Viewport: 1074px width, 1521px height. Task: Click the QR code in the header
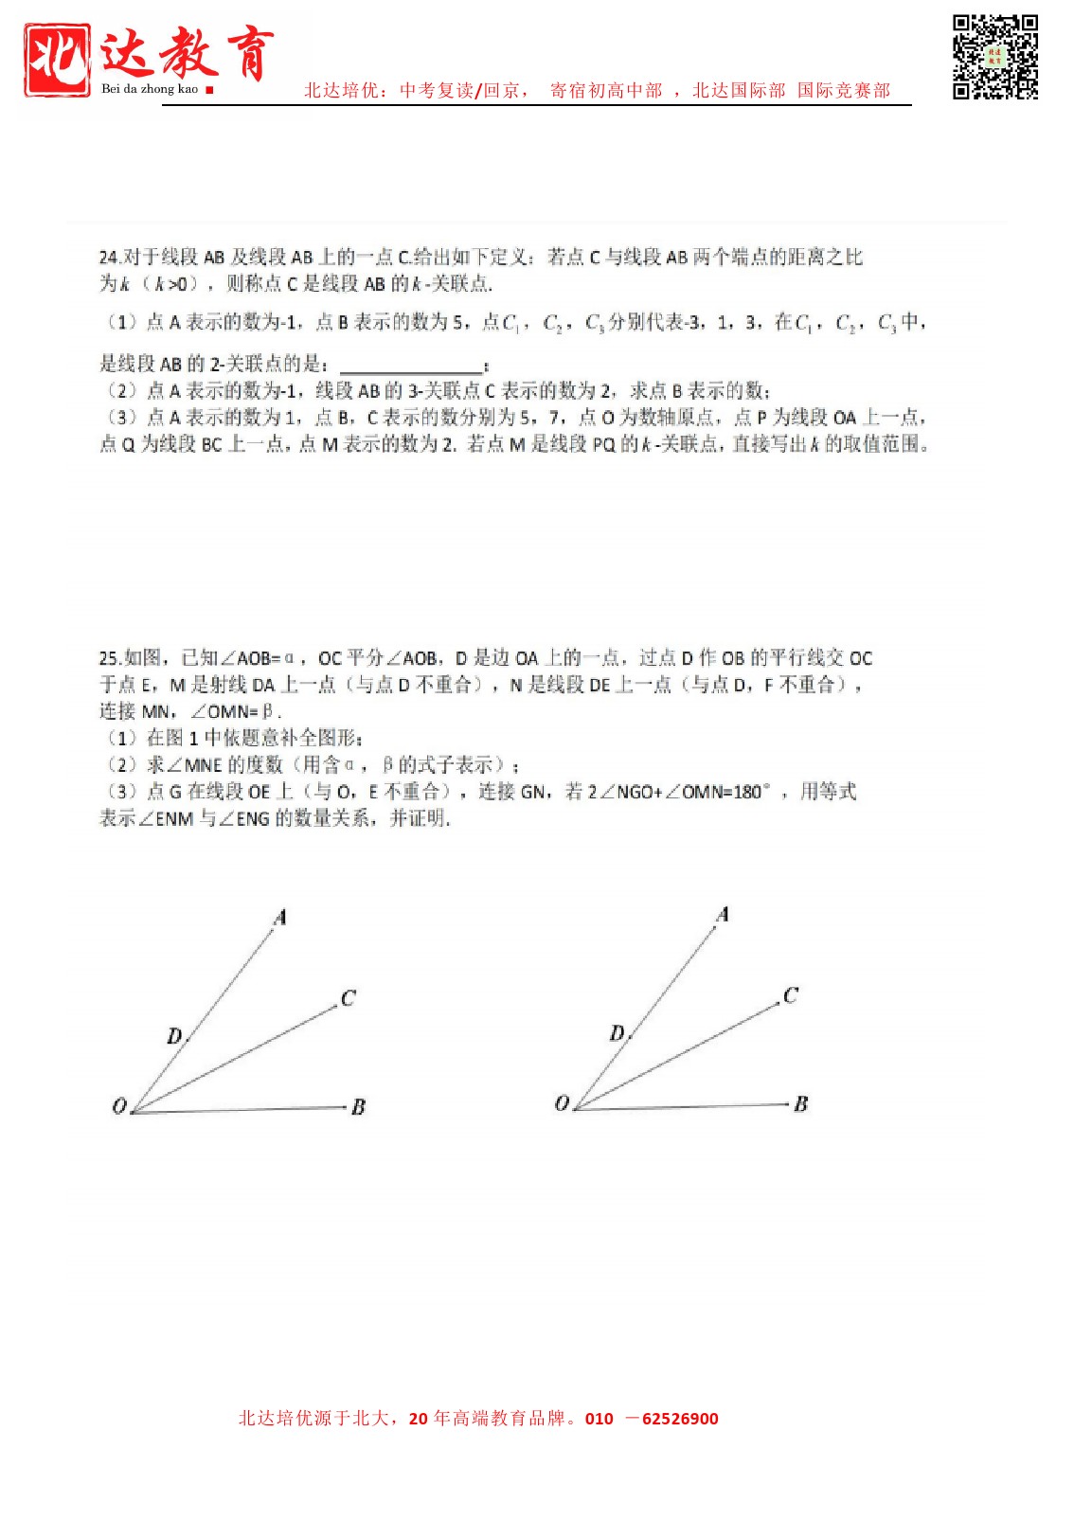tap(994, 56)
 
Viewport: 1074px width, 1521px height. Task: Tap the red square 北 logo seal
tap(58, 60)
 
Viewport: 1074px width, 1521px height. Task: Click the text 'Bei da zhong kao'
tap(150, 89)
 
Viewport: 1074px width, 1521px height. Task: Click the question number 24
tap(109, 258)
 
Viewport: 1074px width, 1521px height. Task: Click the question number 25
tap(109, 658)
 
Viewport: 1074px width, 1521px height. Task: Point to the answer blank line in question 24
tap(411, 367)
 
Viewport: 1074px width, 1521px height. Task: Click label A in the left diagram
tap(279, 917)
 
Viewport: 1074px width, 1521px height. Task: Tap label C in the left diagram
tap(348, 998)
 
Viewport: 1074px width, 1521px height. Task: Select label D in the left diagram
tap(174, 1036)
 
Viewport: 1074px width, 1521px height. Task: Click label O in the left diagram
tap(119, 1106)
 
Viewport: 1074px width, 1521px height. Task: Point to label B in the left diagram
tap(358, 1107)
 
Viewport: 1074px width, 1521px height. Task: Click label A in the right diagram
tap(723, 914)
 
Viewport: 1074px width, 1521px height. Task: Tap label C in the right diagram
tap(791, 995)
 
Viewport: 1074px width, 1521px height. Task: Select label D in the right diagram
tap(618, 1033)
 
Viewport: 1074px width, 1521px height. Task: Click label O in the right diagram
tap(562, 1103)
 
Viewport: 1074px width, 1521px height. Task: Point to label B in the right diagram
tap(801, 1104)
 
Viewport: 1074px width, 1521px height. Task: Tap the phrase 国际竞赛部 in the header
tap(844, 91)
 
